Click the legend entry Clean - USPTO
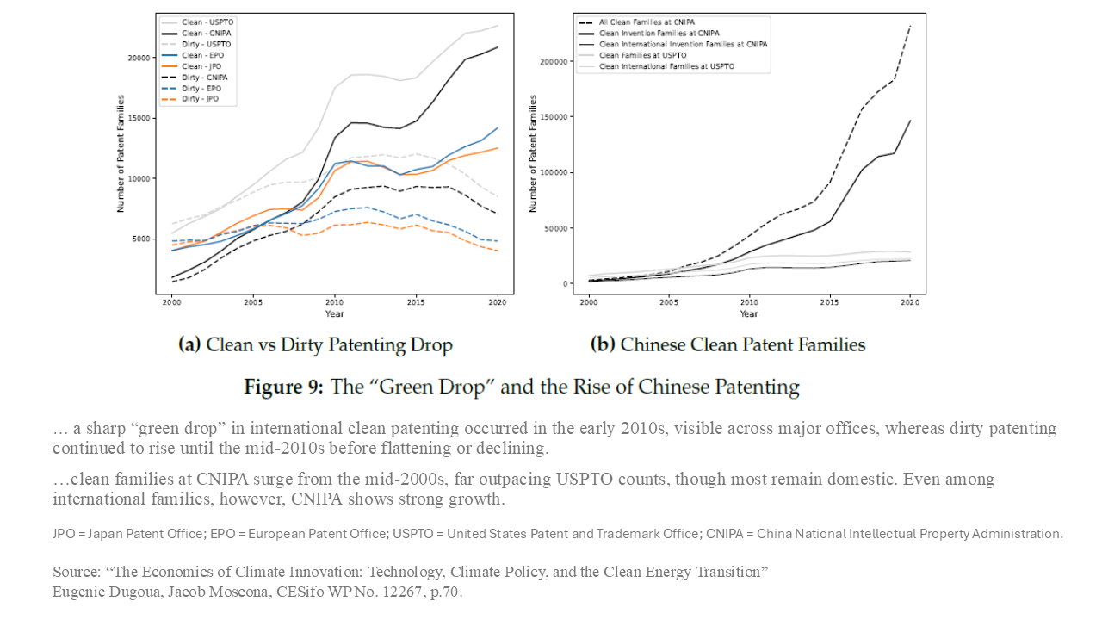tap(207, 22)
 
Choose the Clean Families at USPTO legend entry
tap(641, 55)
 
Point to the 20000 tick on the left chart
tap(139, 58)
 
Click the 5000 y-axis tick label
tap(141, 239)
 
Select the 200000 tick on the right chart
tap(556, 61)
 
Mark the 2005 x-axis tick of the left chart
tap(253, 303)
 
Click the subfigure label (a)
tap(189, 345)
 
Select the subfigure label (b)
tap(602, 345)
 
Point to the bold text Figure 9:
tap(283, 387)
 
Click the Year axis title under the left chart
tap(335, 314)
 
